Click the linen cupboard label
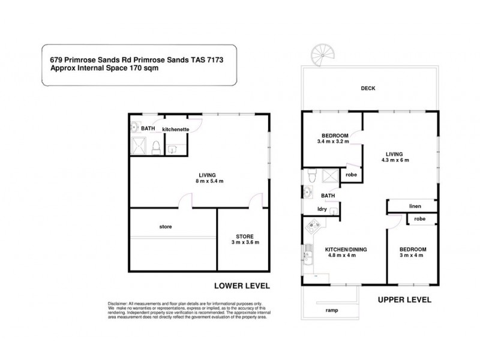[x=416, y=206]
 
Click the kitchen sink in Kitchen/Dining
[x=307, y=254]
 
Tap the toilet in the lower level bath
[x=155, y=146]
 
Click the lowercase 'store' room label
[x=166, y=227]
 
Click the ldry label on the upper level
[x=322, y=209]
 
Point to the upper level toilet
[x=311, y=175]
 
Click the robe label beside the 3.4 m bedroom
[x=352, y=175]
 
